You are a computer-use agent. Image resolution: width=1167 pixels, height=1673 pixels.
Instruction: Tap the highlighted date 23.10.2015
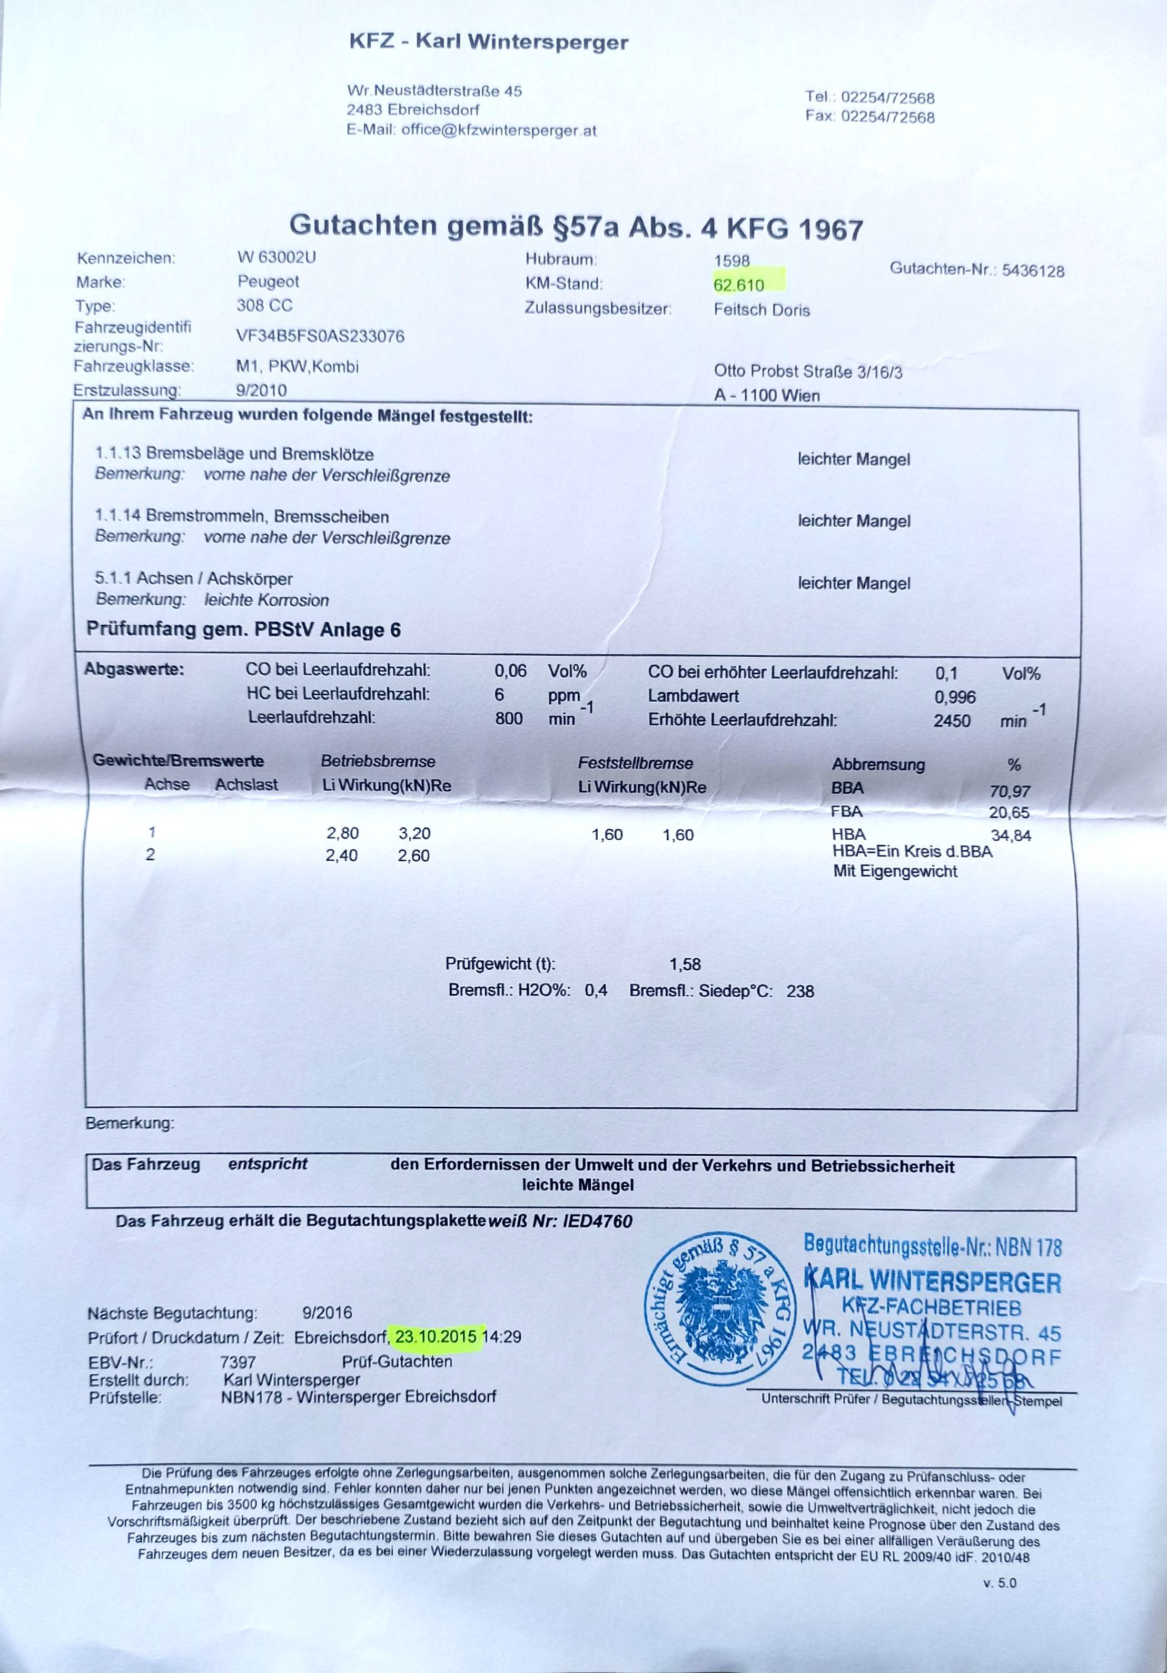[436, 1336]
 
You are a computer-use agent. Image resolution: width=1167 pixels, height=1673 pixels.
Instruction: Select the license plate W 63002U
[276, 257]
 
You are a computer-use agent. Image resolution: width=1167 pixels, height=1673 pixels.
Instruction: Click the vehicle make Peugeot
[268, 281]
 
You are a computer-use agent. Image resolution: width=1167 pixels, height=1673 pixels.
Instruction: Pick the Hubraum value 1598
[731, 261]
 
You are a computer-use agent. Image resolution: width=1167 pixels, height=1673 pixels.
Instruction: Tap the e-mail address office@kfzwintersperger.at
[498, 131]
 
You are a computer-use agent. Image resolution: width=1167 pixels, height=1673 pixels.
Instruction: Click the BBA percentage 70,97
[1010, 791]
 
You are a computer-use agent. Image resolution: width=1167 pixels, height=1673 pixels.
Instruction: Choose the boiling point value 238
[800, 991]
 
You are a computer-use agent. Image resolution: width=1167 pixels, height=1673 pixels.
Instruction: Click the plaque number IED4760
[597, 1221]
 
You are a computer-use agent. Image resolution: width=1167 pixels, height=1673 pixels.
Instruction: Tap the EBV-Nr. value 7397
[238, 1361]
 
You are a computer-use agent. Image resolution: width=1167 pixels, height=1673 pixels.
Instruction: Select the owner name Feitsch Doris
[761, 310]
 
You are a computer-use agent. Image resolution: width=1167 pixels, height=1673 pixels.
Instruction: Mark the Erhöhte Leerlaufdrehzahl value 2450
[952, 721]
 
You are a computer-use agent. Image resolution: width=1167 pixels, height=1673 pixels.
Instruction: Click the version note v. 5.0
[1000, 1582]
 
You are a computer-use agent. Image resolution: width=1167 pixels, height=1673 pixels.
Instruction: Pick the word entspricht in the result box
[268, 1164]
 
